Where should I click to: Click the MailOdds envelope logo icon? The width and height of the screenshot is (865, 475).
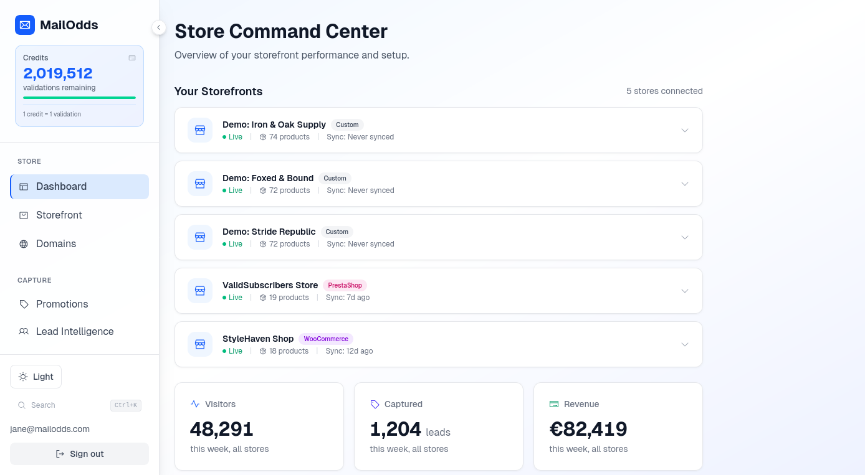pyautogui.click(x=25, y=25)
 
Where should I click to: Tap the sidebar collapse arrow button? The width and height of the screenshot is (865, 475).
pyautogui.click(x=158, y=27)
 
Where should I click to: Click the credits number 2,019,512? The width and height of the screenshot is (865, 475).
pyautogui.click(x=58, y=73)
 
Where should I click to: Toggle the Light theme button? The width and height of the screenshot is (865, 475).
pyautogui.click(x=36, y=377)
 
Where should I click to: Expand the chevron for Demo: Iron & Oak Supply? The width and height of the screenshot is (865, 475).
pyautogui.click(x=685, y=131)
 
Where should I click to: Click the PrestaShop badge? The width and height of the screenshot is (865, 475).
pyautogui.click(x=345, y=286)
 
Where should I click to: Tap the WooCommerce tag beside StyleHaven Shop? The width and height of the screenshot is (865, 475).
pyautogui.click(x=326, y=339)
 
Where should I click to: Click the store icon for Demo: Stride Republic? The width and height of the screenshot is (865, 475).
pyautogui.click(x=200, y=238)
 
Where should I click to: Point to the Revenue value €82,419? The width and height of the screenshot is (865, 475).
pyautogui.click(x=588, y=429)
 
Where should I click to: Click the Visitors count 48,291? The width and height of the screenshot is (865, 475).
pyautogui.click(x=221, y=429)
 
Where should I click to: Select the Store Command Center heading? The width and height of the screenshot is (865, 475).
pyautogui.click(x=281, y=31)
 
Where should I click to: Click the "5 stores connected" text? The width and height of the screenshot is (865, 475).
pyautogui.click(x=664, y=92)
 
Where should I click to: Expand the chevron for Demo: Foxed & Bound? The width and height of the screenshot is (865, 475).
pyautogui.click(x=685, y=184)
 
